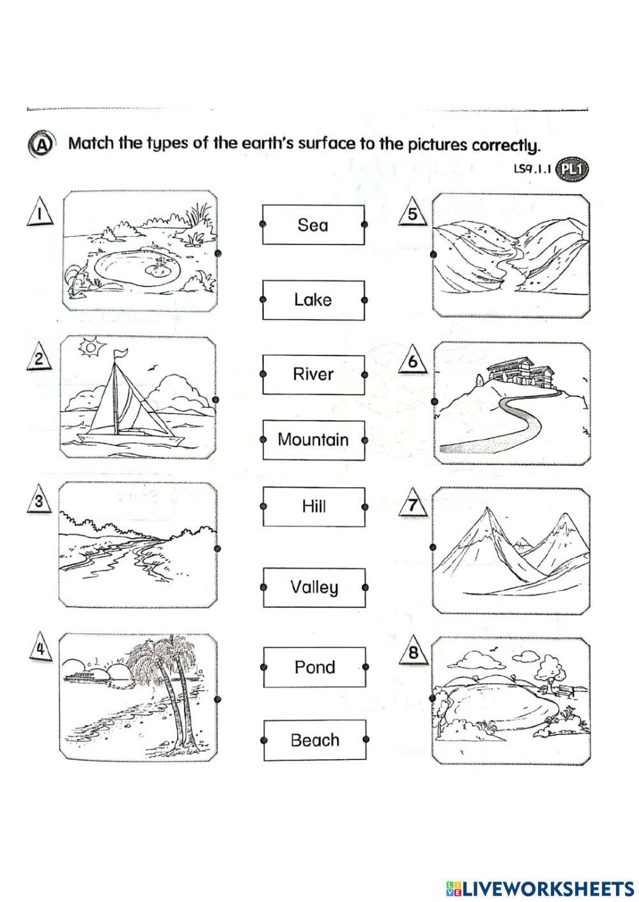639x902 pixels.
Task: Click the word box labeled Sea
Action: pos(312,225)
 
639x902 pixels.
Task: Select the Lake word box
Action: pos(312,299)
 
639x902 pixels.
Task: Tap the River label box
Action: pos(312,374)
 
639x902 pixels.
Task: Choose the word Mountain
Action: pos(313,440)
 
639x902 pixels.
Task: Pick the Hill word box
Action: pos(314,506)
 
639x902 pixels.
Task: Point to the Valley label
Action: pos(314,587)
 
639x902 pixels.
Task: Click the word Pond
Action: pos(314,667)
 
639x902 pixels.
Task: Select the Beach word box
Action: pos(314,740)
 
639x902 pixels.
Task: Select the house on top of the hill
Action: pos(519,373)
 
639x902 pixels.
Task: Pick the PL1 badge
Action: pos(572,170)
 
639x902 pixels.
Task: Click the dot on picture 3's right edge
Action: pos(218,548)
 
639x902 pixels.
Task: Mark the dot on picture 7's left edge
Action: pos(433,547)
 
